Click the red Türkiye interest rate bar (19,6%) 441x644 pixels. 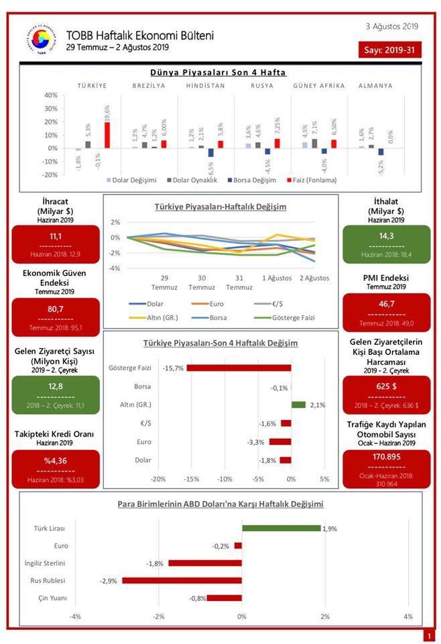[x=107, y=135]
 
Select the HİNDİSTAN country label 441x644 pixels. [x=206, y=86]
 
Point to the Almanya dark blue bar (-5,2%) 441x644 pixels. [x=381, y=152]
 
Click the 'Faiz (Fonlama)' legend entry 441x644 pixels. [x=312, y=180]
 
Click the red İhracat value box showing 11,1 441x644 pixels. [x=56, y=245]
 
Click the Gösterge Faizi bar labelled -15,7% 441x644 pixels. [x=239, y=368]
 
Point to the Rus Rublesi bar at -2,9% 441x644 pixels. [x=182, y=580]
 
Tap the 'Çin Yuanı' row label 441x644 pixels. [x=50, y=598]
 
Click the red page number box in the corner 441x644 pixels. [x=428, y=635]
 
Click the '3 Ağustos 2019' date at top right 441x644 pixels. [x=392, y=26]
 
